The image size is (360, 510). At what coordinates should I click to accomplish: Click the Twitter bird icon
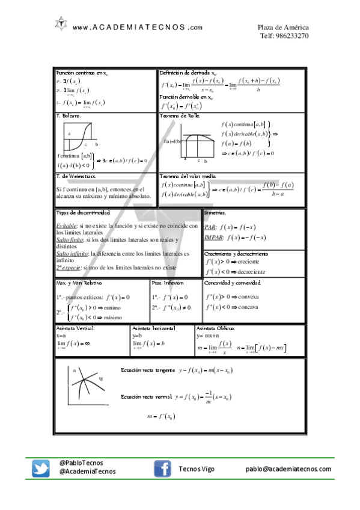click(41, 469)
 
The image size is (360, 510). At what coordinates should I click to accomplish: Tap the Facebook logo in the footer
click(162, 469)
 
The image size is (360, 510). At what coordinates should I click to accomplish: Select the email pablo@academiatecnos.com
click(288, 469)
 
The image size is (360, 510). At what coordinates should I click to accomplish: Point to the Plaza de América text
click(283, 27)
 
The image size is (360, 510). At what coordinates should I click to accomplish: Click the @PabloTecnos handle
click(81, 463)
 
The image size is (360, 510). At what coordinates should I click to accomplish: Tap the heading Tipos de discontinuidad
click(83, 213)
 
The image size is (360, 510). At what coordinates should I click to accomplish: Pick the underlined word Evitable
click(67, 225)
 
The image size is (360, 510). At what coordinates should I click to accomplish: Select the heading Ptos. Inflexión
click(168, 282)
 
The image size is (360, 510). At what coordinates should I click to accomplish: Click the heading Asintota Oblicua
click(216, 328)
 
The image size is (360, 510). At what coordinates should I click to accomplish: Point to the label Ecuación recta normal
click(145, 397)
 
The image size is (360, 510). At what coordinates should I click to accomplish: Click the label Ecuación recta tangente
click(147, 370)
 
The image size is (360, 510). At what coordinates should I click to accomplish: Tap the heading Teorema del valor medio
click(188, 176)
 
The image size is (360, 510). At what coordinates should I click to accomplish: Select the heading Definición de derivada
click(192, 72)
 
